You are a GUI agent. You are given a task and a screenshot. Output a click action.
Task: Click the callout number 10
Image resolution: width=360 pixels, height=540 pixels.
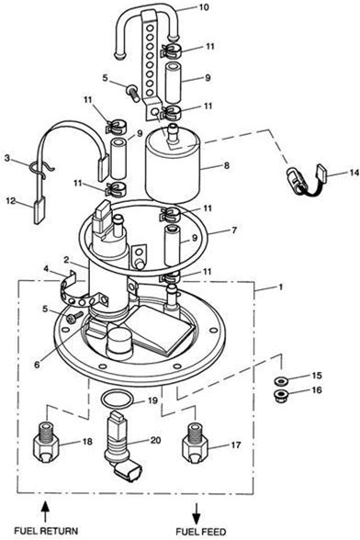pyautogui.click(x=204, y=7)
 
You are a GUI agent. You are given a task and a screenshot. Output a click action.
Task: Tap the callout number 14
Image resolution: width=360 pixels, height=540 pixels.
pyautogui.click(x=354, y=173)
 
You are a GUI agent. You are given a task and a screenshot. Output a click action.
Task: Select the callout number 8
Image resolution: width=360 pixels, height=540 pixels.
pyautogui.click(x=226, y=165)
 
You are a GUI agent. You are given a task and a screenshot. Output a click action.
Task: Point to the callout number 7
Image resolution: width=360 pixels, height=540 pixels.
pyautogui.click(x=234, y=230)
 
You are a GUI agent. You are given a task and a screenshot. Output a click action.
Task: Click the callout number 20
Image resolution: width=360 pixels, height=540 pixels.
pyautogui.click(x=155, y=440)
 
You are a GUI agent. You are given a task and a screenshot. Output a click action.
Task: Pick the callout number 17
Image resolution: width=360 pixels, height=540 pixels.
pyautogui.click(x=236, y=445)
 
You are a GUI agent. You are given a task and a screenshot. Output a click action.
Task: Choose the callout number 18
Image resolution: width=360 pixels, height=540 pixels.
pyautogui.click(x=87, y=441)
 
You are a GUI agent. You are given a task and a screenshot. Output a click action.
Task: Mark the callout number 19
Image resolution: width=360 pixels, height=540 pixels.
pyautogui.click(x=152, y=400)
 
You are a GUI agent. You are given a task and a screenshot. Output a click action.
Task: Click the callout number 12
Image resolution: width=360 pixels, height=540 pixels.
pyautogui.click(x=12, y=200)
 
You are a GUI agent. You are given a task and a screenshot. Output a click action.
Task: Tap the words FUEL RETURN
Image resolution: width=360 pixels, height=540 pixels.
pyautogui.click(x=46, y=531)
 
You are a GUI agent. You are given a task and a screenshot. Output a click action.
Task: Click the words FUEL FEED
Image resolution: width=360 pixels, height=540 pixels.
pyautogui.click(x=201, y=532)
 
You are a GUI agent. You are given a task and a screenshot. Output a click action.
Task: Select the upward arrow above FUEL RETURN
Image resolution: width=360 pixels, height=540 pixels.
pyautogui.click(x=46, y=512)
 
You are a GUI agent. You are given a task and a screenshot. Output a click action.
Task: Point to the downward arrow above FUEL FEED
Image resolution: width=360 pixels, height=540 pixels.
pyautogui.click(x=197, y=513)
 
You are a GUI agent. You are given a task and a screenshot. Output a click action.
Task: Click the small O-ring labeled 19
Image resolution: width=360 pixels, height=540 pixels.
pyautogui.click(x=118, y=399)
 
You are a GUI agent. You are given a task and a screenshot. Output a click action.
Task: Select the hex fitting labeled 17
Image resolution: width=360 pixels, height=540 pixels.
pyautogui.click(x=195, y=444)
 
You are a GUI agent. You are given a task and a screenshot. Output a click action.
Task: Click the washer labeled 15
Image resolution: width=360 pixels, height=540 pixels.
pyautogui.click(x=281, y=381)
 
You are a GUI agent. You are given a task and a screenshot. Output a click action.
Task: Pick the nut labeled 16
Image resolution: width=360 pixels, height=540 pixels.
pyautogui.click(x=281, y=395)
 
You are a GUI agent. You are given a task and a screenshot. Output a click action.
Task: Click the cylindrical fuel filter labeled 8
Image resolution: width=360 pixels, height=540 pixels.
pyautogui.click(x=173, y=166)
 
